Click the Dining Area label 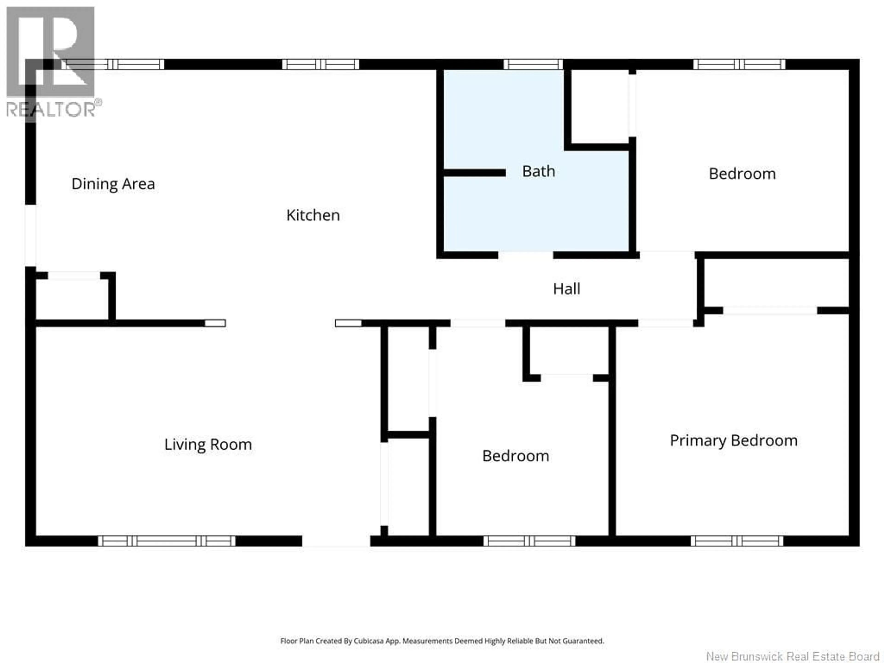pyautogui.click(x=113, y=184)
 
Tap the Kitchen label pyautogui.click(x=313, y=215)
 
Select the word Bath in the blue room pyautogui.click(x=538, y=172)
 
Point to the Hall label pyautogui.click(x=566, y=288)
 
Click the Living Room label pyautogui.click(x=208, y=444)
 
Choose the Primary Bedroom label pyautogui.click(x=733, y=440)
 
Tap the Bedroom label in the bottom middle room pyautogui.click(x=515, y=456)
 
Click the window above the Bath pyautogui.click(x=533, y=64)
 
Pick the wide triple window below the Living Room pyautogui.click(x=167, y=541)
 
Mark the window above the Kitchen pyautogui.click(x=320, y=64)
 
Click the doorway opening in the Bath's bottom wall pyautogui.click(x=526, y=255)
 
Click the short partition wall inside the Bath pyautogui.click(x=474, y=173)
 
